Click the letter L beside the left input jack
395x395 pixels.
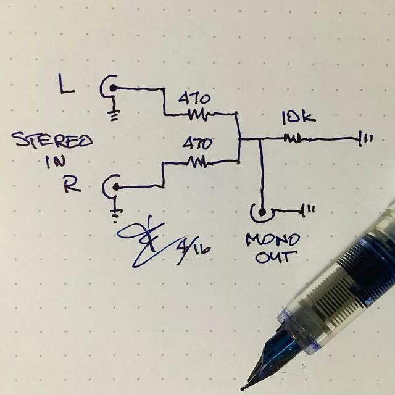tap(66, 84)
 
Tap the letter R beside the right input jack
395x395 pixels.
tap(72, 185)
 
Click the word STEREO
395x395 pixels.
tap(52, 142)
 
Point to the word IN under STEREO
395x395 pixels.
tap(54, 163)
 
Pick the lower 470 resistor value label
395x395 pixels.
tap(197, 144)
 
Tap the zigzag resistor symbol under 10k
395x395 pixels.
tap(293, 138)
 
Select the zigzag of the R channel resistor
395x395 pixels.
tap(197, 162)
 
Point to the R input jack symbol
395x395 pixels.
tap(113, 186)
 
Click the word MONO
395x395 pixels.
tap(272, 239)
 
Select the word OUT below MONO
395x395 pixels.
tap(272, 256)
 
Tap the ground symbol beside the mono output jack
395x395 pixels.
tap(309, 210)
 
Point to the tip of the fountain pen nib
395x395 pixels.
tap(243, 388)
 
